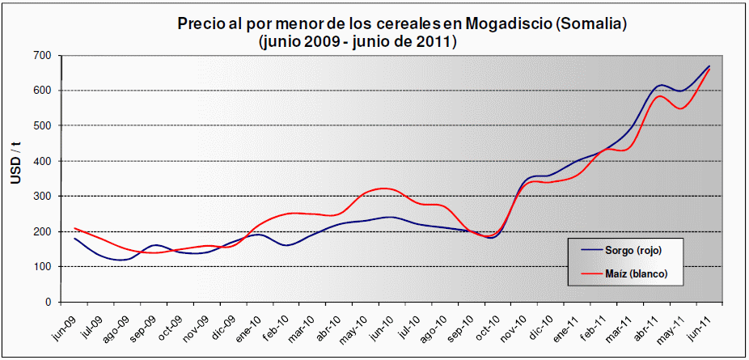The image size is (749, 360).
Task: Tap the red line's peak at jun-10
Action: (387, 188)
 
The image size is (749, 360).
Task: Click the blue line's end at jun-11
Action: (709, 66)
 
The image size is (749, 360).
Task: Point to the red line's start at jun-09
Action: (74, 228)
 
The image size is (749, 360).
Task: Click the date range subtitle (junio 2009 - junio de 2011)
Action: (357, 41)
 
